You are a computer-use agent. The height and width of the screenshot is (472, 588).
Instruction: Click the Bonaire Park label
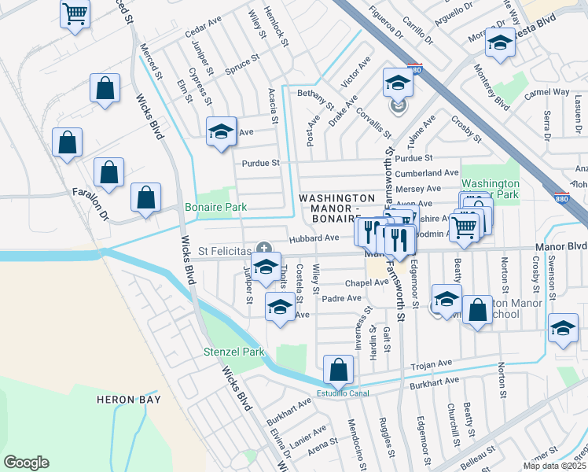[215, 208]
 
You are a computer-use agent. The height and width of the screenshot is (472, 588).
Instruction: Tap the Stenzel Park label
[234, 352]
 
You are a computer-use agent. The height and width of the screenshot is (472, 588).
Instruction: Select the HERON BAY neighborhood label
[128, 400]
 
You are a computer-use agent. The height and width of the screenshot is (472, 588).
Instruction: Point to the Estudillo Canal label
[343, 393]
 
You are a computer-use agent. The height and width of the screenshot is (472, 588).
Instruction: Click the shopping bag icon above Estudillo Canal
[338, 369]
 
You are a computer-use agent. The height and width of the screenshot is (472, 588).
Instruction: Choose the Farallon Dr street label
[89, 203]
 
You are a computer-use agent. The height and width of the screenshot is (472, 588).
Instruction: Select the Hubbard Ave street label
[313, 238]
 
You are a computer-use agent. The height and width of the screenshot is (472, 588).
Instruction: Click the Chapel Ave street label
[362, 282]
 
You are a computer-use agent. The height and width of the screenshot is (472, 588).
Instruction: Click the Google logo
[26, 463]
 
